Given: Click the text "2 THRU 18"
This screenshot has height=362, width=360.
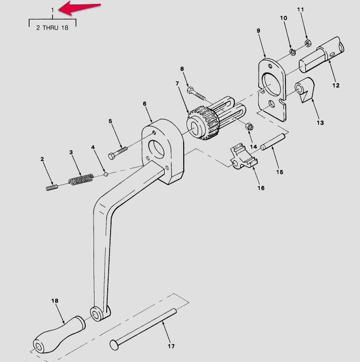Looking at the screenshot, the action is coord(52,28).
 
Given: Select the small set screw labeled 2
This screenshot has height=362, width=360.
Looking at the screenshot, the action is coord(52,187).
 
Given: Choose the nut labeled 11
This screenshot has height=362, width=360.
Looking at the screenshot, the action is coord(308,43).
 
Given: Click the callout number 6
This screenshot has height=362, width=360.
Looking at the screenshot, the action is coord(144,104).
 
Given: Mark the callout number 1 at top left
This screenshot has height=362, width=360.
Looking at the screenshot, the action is coord(53,10).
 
